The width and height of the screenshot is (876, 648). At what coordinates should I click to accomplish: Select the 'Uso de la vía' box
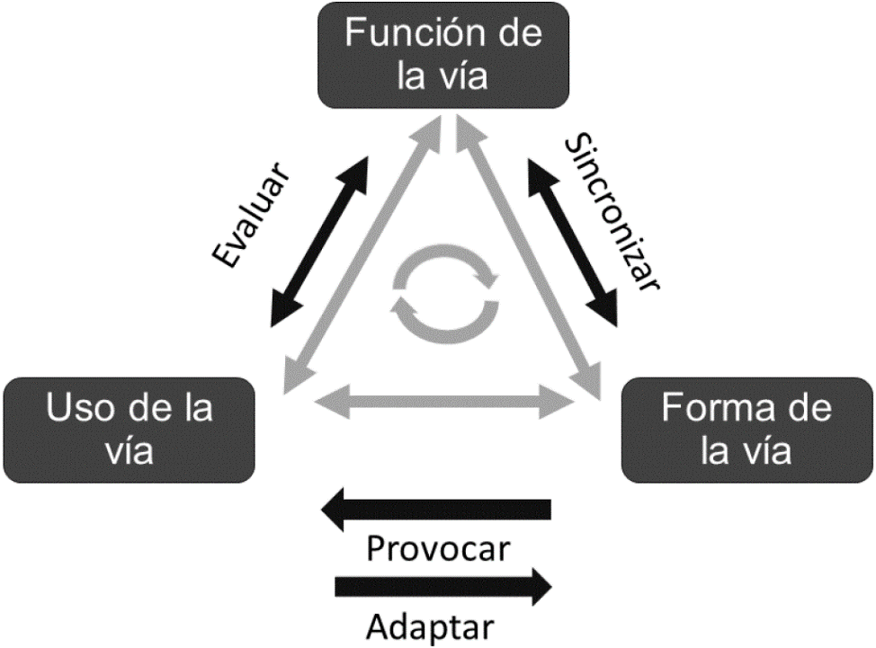click(130, 429)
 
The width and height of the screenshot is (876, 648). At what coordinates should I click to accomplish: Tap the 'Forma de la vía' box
click(746, 429)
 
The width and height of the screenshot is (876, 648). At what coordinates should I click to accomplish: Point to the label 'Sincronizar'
click(614, 213)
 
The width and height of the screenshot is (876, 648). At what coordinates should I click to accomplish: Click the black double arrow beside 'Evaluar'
click(319, 243)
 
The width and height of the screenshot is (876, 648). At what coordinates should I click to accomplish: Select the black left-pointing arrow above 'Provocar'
click(437, 511)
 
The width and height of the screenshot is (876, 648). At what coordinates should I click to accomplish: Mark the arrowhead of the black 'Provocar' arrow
click(337, 511)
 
